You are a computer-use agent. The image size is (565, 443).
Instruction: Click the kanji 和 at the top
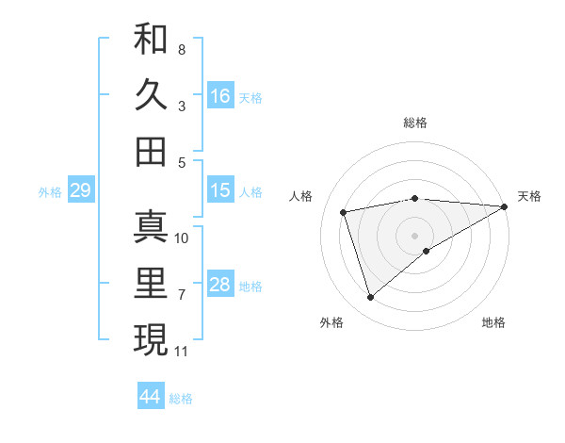[151, 40]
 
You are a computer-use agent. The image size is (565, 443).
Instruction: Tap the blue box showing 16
[220, 95]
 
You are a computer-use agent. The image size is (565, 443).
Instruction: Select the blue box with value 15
[220, 191]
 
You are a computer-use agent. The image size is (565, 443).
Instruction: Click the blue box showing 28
[220, 285]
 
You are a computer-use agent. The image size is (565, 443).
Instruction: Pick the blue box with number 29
[80, 191]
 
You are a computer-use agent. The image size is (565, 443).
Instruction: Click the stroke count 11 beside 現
[182, 352]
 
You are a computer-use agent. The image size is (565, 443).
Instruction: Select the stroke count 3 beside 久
[182, 107]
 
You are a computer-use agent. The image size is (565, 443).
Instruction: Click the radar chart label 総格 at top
[415, 123]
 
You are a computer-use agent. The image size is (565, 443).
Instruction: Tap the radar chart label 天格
[529, 196]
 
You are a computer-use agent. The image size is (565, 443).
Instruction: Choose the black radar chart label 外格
[331, 322]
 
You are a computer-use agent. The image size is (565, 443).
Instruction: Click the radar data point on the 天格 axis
[505, 206]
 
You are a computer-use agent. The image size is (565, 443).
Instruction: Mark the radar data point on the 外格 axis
[370, 298]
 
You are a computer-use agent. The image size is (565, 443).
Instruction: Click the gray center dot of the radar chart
[414, 235]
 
